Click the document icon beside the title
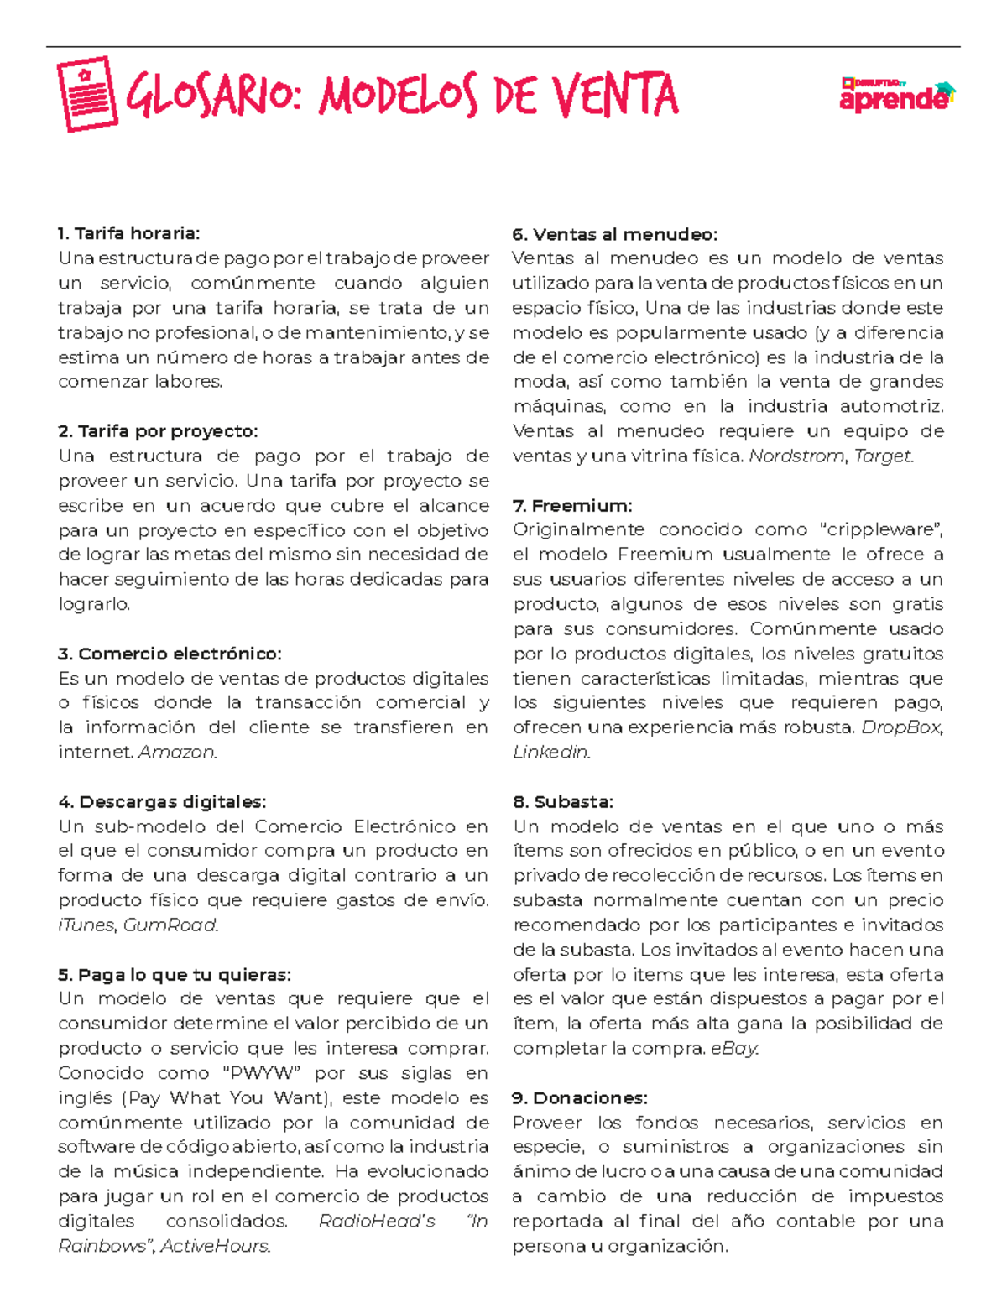[87, 94]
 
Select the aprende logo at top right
[897, 95]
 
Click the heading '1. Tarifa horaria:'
[129, 233]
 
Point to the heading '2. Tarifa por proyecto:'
[158, 431]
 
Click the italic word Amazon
[177, 753]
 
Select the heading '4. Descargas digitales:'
[162, 802]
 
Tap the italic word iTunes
[86, 925]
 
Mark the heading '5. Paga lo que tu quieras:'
[175, 975]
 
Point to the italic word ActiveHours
[215, 1247]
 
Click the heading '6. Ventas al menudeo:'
[614, 234]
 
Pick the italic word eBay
[733, 1049]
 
